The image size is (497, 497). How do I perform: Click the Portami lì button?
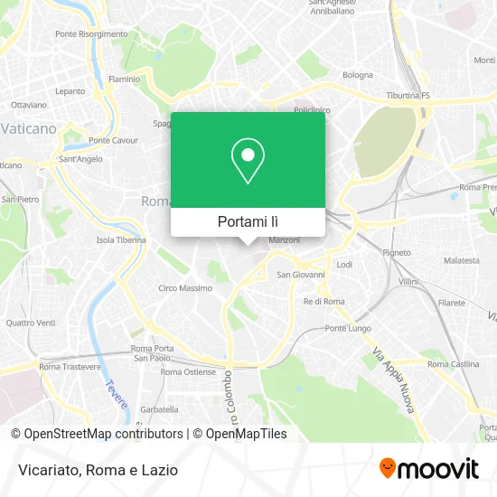click(x=248, y=221)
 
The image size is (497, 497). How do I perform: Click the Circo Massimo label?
click(x=185, y=288)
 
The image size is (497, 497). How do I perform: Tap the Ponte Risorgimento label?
click(x=91, y=33)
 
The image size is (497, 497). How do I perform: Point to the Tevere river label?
click(x=117, y=394)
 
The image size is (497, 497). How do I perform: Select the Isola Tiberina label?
click(x=121, y=240)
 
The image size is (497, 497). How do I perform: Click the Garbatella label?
click(x=159, y=408)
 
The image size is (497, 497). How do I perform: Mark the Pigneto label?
click(x=397, y=252)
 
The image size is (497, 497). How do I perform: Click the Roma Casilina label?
click(x=453, y=364)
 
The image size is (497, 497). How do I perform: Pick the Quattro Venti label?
click(x=30, y=323)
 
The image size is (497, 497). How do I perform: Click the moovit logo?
click(x=429, y=468)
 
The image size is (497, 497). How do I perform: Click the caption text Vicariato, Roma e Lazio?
click(x=95, y=470)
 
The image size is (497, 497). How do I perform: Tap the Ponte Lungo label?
click(x=343, y=328)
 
